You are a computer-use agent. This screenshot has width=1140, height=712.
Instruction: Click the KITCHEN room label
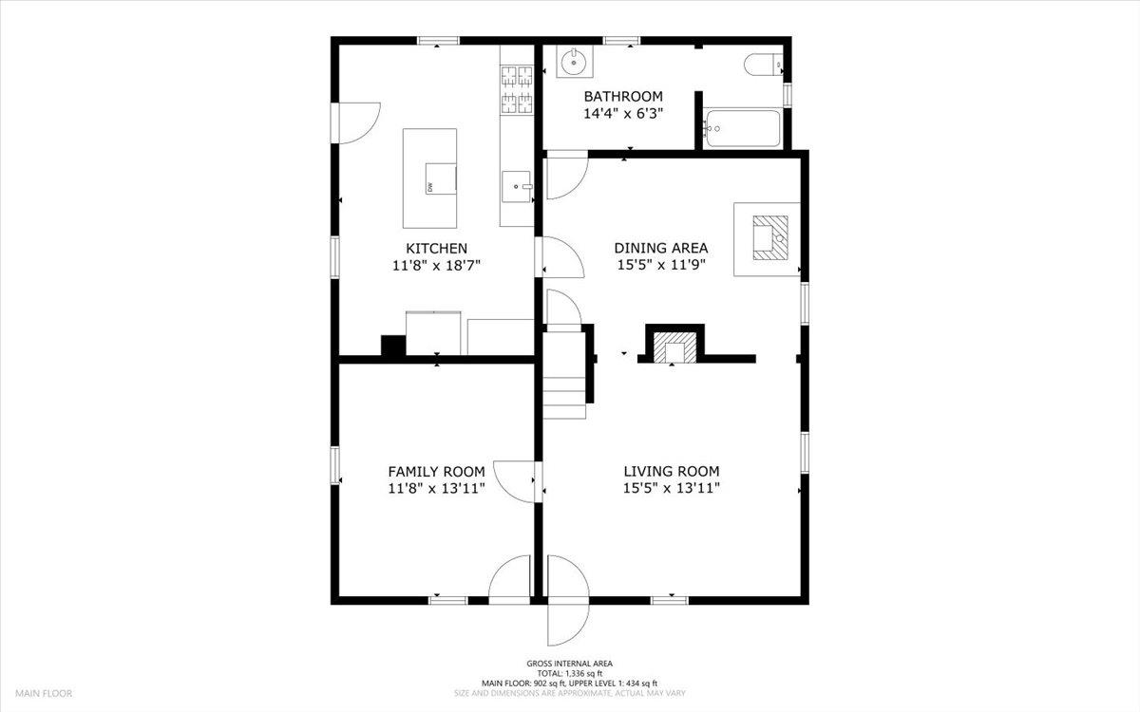pos(436,249)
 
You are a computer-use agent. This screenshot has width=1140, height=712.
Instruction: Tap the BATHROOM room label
pos(622,97)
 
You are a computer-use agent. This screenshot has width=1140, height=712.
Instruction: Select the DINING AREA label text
pos(660,249)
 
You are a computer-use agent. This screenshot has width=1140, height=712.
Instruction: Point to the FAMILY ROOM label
pos(436,472)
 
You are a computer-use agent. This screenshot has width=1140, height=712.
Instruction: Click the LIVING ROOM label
pos(671,472)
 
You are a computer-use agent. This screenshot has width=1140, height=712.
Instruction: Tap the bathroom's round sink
pos(574,64)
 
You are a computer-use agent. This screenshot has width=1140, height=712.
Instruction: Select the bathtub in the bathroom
pos(742,128)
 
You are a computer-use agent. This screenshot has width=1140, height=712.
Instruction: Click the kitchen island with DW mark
pos(429,178)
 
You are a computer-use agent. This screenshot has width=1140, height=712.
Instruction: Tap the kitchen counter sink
pos(517,187)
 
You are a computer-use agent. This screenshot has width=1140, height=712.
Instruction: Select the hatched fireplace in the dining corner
pos(766,237)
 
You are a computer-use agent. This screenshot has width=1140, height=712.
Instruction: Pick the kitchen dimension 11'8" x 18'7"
pos(436,266)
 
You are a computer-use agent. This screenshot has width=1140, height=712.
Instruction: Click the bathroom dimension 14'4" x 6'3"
pos(622,113)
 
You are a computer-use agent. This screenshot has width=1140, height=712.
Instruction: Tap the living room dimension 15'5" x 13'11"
pos(671,489)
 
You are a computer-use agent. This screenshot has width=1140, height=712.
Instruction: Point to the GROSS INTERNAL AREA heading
pos(569,664)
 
